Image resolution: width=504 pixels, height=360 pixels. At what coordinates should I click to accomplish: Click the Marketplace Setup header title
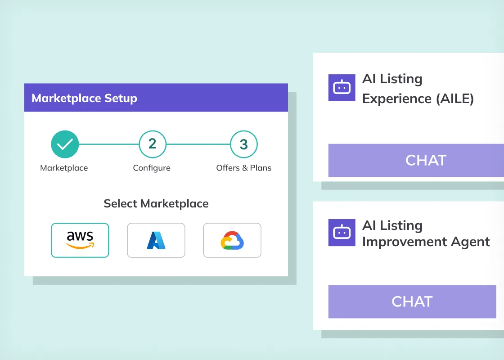click(84, 99)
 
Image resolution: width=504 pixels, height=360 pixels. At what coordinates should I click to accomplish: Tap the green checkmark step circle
click(65, 144)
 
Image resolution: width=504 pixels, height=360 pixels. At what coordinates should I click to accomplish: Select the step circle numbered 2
click(153, 144)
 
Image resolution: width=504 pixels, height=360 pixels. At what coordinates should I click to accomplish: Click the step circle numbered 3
click(243, 144)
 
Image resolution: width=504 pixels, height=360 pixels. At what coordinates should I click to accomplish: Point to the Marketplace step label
click(64, 168)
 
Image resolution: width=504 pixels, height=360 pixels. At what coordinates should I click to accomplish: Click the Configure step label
click(152, 168)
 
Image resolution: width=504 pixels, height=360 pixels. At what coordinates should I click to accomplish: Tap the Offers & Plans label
click(243, 168)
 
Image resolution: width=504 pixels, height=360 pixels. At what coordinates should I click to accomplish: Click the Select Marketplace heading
click(156, 203)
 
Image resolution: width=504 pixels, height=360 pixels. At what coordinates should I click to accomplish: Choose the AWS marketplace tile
click(80, 240)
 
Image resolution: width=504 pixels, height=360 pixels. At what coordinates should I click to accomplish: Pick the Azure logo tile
click(156, 240)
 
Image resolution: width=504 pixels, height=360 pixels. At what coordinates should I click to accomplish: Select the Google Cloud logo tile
click(232, 240)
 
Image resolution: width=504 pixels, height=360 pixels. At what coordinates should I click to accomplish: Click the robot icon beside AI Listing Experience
click(342, 88)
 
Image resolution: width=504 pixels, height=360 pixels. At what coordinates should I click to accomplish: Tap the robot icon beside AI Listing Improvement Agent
click(342, 233)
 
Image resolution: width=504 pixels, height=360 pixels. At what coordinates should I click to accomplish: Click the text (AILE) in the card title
click(455, 99)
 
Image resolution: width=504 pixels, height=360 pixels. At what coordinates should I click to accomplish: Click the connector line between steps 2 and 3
click(198, 144)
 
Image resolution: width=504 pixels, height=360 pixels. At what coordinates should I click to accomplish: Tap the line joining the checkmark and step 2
click(109, 144)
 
